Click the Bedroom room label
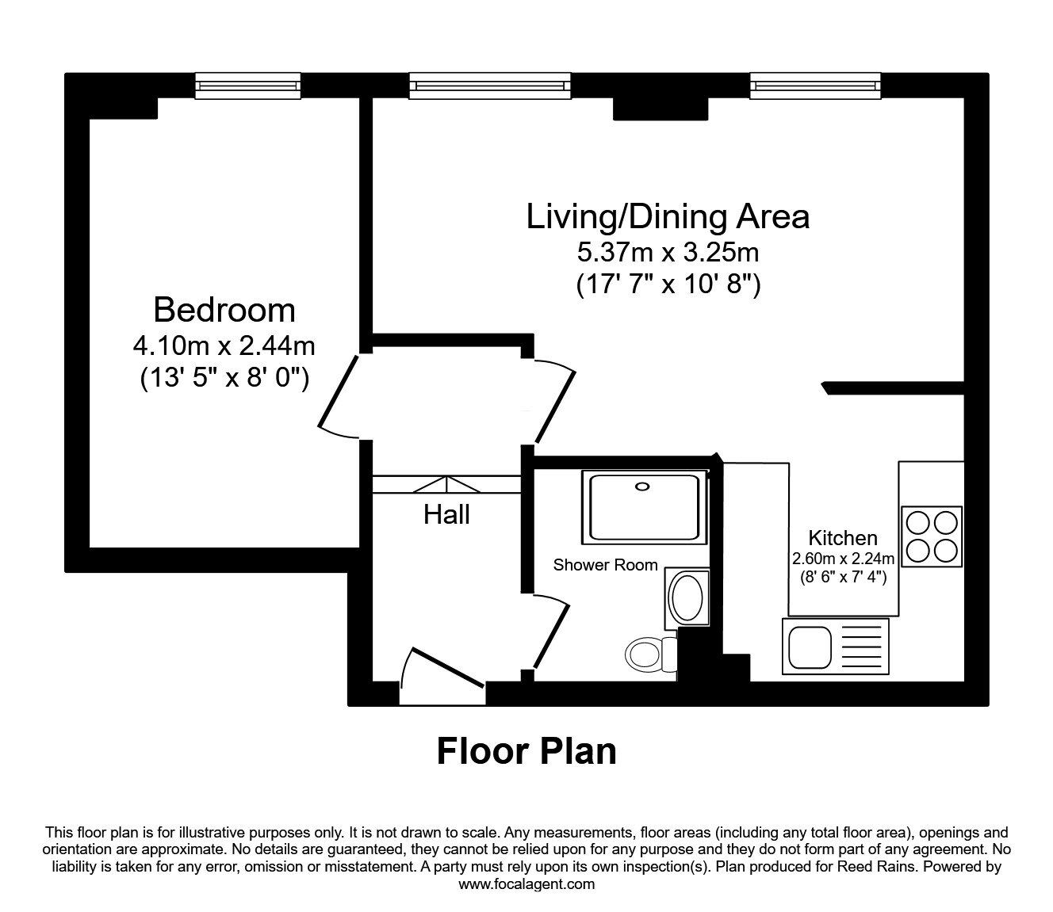point(224,310)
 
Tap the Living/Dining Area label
point(668,216)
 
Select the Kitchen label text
point(842,538)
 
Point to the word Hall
point(446,515)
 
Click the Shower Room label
point(605,565)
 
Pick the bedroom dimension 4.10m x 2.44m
point(224,346)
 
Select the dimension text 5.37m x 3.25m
point(668,253)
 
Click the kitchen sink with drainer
point(835,646)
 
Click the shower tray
point(643,507)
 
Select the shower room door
point(550,634)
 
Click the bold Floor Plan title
point(526,751)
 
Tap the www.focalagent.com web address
point(526,884)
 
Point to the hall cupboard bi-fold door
point(446,484)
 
